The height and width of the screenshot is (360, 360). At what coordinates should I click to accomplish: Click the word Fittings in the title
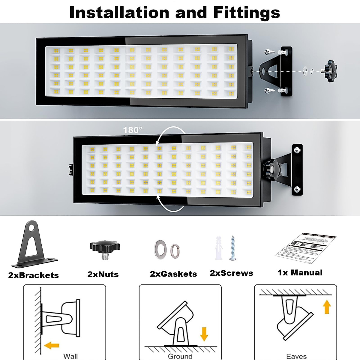pyautogui.click(x=247, y=13)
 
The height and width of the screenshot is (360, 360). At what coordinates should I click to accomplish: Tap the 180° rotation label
pyautogui.click(x=133, y=130)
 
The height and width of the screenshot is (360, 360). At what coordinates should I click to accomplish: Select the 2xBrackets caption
pyautogui.click(x=33, y=275)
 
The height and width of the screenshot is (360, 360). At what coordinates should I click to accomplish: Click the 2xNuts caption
pyautogui.click(x=103, y=274)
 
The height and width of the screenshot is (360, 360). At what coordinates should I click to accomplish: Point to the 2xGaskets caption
pyautogui.click(x=173, y=274)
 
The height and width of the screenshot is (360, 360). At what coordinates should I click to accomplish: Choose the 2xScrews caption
pyautogui.click(x=231, y=273)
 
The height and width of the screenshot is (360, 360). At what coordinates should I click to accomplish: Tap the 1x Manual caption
pyautogui.click(x=300, y=272)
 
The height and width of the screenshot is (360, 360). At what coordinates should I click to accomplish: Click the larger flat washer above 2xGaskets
pyautogui.click(x=160, y=248)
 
